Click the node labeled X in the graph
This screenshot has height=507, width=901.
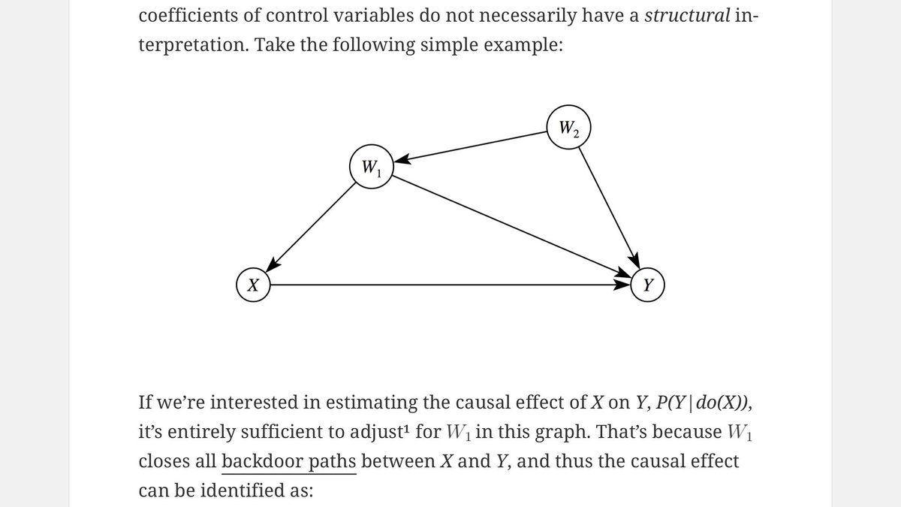254,285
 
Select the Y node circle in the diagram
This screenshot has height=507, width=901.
647,285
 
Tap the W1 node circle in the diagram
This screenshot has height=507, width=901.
371,167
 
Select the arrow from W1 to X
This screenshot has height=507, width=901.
312,225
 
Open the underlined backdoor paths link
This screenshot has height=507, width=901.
288,461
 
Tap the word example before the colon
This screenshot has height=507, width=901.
523,44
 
